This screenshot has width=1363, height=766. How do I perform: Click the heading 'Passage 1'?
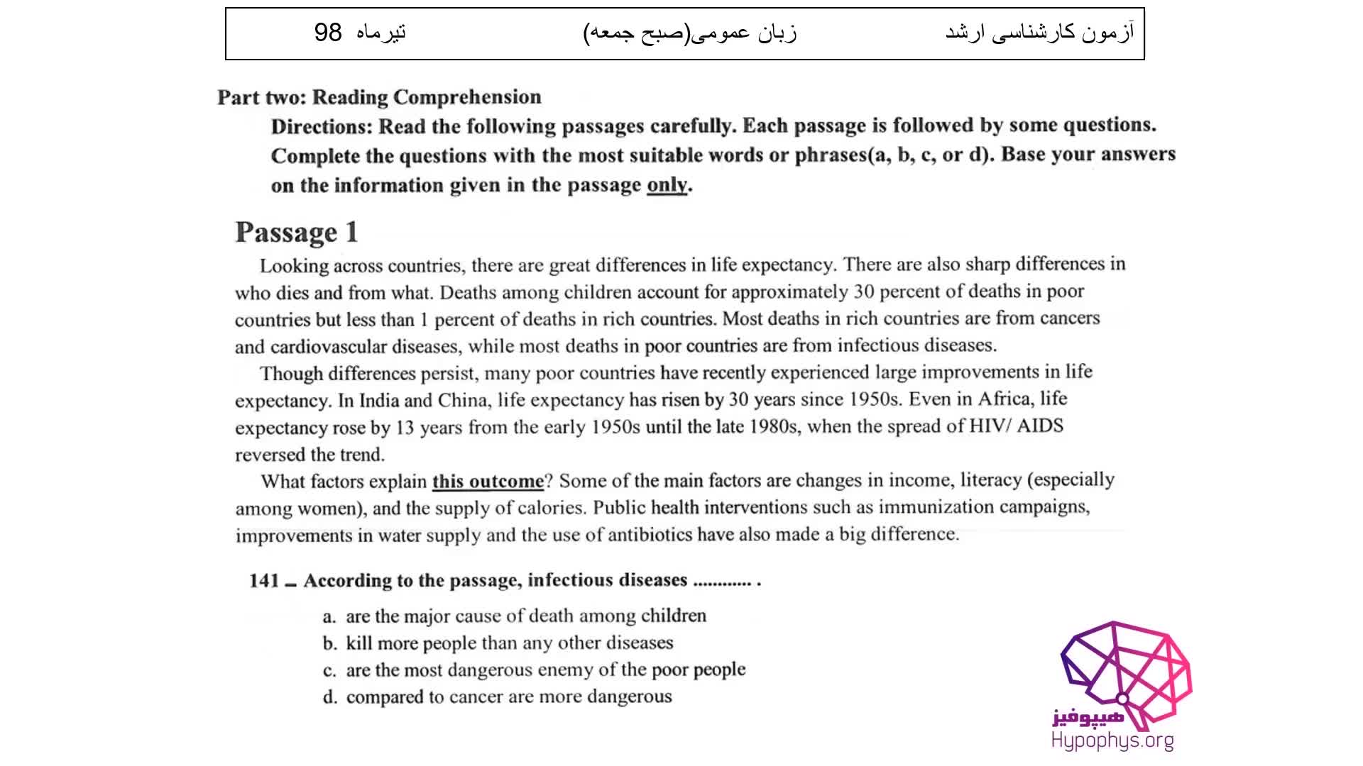click(x=296, y=233)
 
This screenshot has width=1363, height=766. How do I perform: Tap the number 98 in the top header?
click(x=328, y=33)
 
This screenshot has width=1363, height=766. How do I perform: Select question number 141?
click(x=264, y=581)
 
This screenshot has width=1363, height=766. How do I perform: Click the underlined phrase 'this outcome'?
click(x=488, y=481)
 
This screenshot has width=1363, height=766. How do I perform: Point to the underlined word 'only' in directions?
click(x=667, y=185)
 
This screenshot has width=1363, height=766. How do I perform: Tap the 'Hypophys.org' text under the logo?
click(x=1112, y=741)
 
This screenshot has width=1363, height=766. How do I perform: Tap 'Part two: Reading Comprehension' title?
click(x=379, y=97)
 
